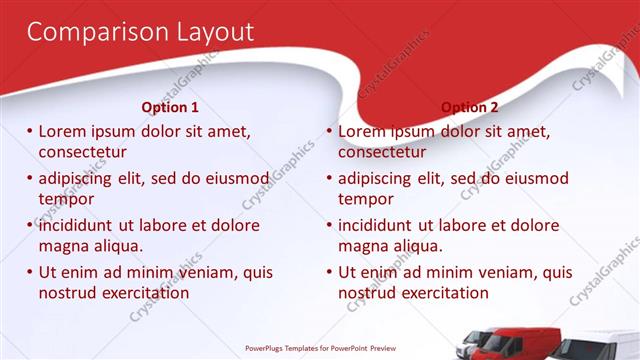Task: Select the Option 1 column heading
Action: pyautogui.click(x=170, y=107)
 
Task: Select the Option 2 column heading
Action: pyautogui.click(x=469, y=107)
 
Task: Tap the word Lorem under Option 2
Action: pyautogui.click(x=362, y=131)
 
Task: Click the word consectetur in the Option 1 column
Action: pyautogui.click(x=82, y=152)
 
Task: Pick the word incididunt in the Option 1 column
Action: pyautogui.click(x=80, y=225)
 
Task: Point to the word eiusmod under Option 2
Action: pyautogui.click(x=533, y=178)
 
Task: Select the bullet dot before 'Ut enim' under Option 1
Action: pyautogui.click(x=30, y=272)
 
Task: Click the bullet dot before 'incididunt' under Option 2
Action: pyautogui.click(x=329, y=225)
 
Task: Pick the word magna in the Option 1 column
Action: pyautogui.click(x=63, y=246)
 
